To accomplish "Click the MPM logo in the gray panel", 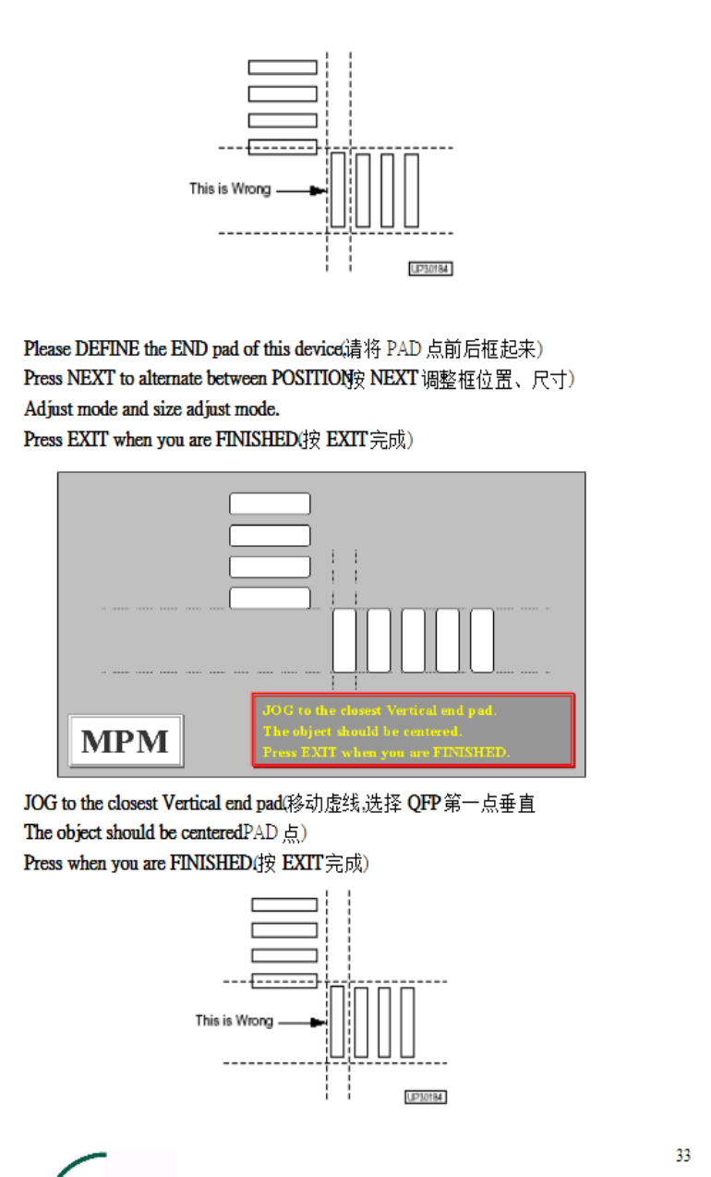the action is pos(126,741).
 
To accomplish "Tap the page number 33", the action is pos(682,1156).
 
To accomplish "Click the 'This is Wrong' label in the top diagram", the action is pos(230,188).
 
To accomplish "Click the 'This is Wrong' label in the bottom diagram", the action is pos(234,1021).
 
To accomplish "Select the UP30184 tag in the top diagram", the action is pos(430,268).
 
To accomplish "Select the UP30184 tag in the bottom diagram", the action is pos(426,1097).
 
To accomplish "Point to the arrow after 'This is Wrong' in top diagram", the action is pos(316,191).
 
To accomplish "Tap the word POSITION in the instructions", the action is pos(309,379).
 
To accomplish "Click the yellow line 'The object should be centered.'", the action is pos(362,731).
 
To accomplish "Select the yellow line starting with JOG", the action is pos(380,710).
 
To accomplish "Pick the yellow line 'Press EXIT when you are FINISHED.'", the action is pos(386,752).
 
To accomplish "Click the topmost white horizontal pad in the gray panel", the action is pos(270,504).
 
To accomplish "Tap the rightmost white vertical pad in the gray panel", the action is pos(482,640).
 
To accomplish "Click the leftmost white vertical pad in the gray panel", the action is pos(344,640).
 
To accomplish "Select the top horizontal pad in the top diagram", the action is pos(283,67).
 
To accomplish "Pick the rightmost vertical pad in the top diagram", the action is pos(411,190).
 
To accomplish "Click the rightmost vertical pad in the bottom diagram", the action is pos(407,1022).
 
